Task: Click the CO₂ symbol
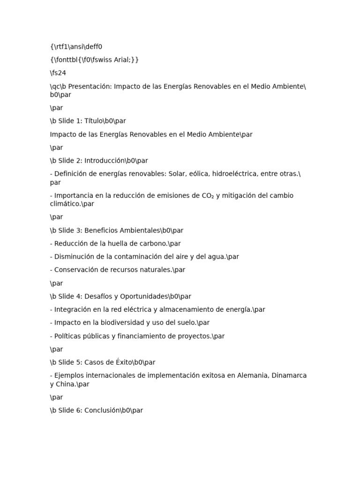point(208,195)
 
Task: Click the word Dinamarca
point(288,375)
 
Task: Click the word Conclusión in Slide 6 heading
point(102,410)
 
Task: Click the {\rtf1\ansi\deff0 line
point(76,46)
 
